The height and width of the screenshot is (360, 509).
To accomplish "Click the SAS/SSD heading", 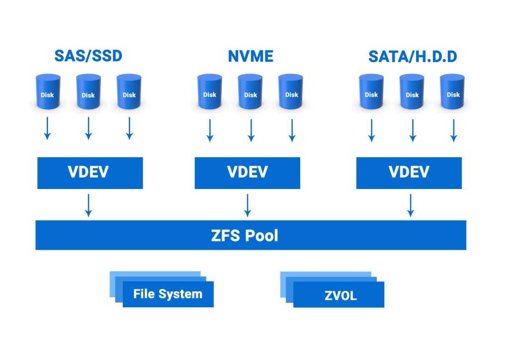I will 88,56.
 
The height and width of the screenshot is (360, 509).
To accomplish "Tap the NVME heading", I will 251,56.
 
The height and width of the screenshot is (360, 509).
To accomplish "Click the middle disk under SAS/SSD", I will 88,92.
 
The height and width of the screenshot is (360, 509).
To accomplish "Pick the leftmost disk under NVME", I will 210,92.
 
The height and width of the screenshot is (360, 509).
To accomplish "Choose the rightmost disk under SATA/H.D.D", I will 453,92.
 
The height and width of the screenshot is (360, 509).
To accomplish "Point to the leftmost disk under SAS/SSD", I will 48,92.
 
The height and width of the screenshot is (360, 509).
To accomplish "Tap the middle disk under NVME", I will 251,92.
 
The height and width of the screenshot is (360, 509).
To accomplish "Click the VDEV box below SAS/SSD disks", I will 90,173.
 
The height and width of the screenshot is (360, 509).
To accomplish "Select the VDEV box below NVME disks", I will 247,173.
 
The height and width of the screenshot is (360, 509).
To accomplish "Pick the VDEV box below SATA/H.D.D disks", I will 409,173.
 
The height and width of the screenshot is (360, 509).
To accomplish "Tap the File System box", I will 168,293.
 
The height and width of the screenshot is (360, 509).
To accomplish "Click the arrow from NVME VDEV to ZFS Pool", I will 247,205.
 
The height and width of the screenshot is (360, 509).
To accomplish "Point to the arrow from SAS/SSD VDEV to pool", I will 88,205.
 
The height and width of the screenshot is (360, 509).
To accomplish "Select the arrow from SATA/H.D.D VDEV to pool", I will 410,205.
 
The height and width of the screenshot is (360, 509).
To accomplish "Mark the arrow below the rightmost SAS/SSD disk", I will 129,128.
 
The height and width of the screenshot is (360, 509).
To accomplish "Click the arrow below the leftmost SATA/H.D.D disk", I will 371,130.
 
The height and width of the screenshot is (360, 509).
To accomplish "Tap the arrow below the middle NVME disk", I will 251,130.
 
